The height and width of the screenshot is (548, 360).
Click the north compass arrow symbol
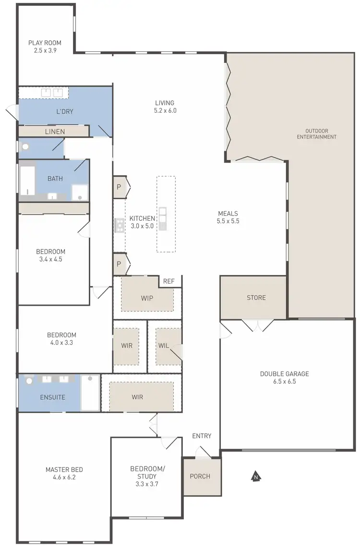(x=256, y=477)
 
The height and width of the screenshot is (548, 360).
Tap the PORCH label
(x=200, y=477)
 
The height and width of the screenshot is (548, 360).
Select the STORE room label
(x=256, y=298)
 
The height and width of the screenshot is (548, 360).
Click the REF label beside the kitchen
(x=168, y=282)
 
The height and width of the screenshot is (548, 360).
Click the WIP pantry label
(x=147, y=298)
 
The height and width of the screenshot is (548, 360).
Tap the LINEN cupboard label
(x=55, y=131)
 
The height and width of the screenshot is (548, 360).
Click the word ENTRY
(x=202, y=436)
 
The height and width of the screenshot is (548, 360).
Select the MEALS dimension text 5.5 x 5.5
(x=228, y=222)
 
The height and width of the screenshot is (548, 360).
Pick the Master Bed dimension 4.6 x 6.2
(x=60, y=477)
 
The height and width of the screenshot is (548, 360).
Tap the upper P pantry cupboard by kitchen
(x=119, y=187)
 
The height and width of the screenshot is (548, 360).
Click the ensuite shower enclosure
(x=90, y=393)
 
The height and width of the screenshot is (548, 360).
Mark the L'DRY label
(x=64, y=111)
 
